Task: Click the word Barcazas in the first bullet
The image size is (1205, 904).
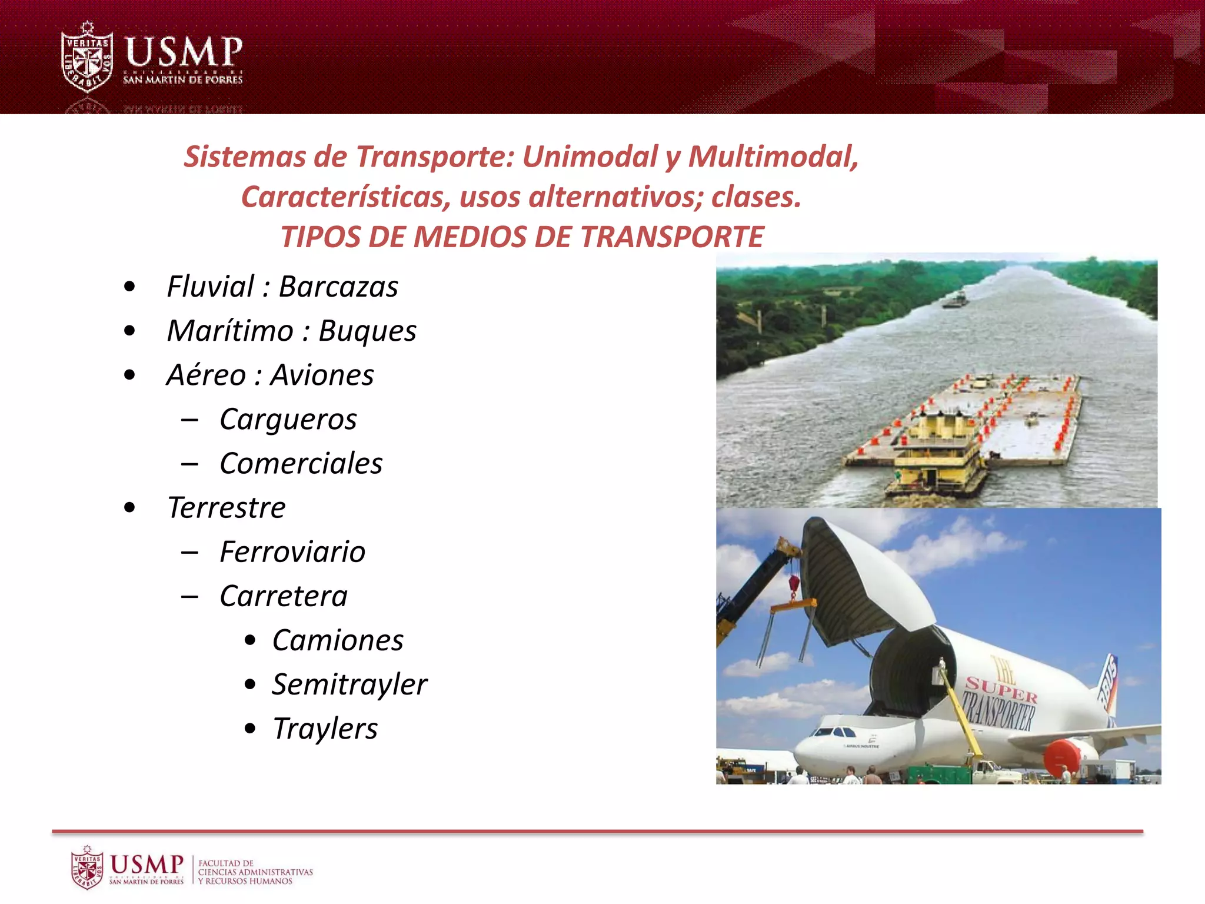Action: click(338, 287)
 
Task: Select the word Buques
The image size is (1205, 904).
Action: click(367, 331)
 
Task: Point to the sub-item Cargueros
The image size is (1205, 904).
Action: click(288, 420)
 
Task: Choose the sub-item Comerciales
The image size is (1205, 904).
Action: click(301, 464)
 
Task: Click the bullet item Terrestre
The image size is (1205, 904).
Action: click(227, 508)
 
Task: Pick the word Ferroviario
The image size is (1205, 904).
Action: click(292, 552)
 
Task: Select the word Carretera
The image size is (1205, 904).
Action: click(284, 596)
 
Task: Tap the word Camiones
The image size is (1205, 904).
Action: click(338, 640)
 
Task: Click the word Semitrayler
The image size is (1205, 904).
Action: click(349, 684)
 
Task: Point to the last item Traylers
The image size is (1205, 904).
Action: click(325, 729)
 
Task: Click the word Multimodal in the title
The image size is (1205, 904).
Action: click(773, 157)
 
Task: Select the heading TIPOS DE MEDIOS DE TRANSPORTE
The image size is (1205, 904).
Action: click(522, 237)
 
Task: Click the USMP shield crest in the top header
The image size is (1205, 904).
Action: click(88, 58)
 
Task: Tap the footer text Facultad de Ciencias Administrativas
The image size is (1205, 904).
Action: click(255, 872)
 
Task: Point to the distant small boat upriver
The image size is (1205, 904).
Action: click(955, 300)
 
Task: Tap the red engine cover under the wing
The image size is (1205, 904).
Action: click(1064, 756)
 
